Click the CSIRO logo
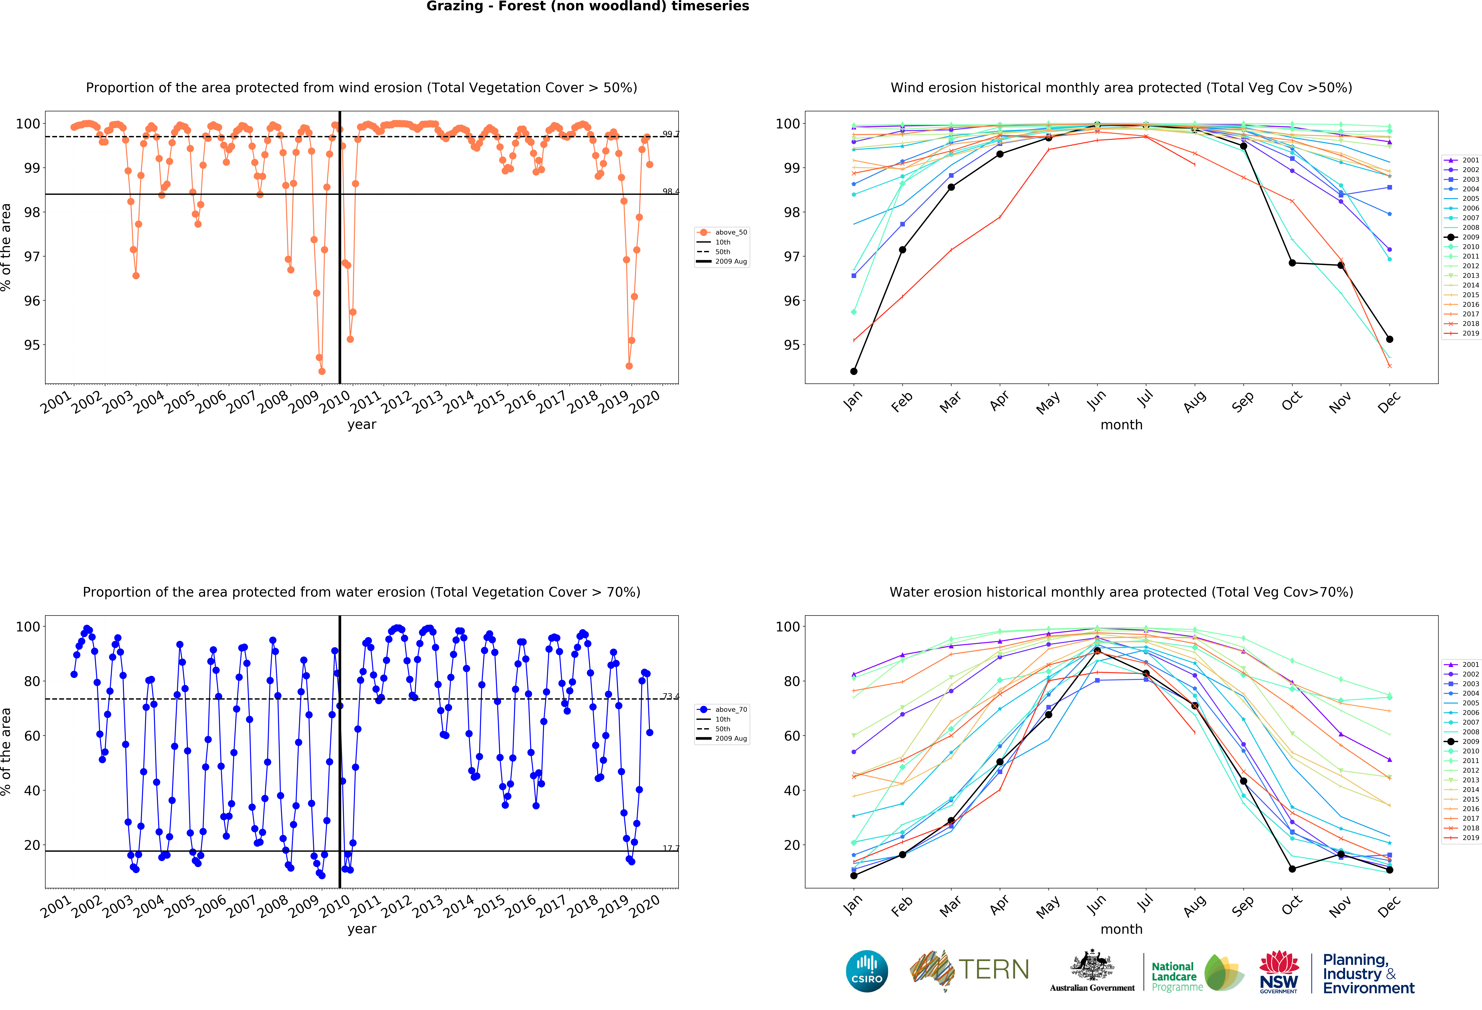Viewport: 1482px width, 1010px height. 867,971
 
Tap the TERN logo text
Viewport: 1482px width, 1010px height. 994,970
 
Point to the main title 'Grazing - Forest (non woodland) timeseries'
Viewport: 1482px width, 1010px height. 587,6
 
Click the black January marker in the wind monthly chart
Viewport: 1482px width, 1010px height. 854,371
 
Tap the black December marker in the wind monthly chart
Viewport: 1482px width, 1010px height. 1390,339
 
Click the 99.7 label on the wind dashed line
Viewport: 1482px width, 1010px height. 670,134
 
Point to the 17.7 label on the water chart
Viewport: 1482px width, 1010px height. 670,848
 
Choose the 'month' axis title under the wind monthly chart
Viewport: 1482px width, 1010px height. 1121,425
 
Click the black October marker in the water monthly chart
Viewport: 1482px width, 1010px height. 1292,869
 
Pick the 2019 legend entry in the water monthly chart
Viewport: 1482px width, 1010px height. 1462,838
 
